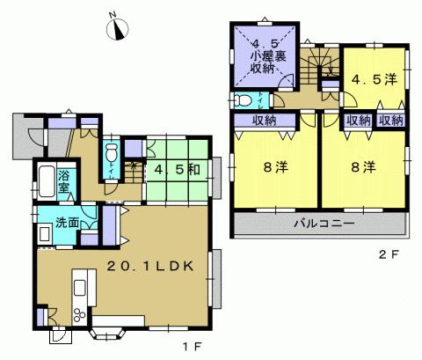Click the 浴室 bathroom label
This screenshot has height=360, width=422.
click(64, 182)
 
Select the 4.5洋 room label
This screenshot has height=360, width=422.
click(375, 79)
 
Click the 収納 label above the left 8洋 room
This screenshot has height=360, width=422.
click(266, 121)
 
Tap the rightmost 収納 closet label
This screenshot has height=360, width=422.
click(392, 121)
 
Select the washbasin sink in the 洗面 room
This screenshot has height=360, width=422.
click(45, 234)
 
